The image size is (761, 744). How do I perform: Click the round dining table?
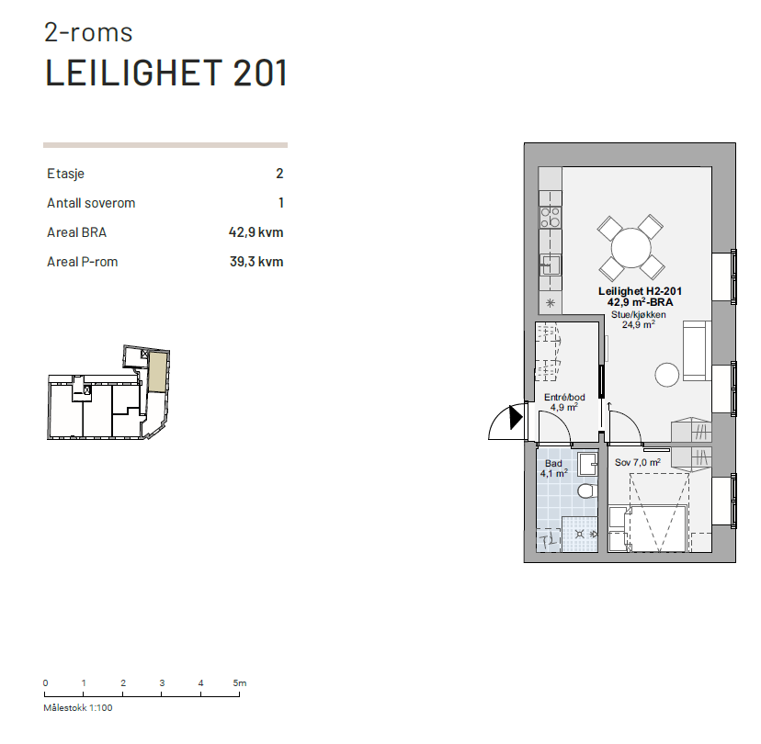[630, 247]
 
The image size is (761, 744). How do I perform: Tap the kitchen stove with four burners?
[551, 217]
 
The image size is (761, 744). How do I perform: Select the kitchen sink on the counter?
[551, 265]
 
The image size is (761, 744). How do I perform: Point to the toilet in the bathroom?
[586, 491]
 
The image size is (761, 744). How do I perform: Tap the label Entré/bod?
[563, 397]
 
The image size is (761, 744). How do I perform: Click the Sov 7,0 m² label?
[637, 462]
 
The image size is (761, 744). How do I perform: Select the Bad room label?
[552, 464]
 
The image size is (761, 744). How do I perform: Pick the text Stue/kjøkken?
[638, 314]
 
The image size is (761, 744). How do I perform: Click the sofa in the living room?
[695, 353]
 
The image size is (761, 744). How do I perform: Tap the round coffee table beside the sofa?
[665, 375]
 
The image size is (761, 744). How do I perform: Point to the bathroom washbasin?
[587, 463]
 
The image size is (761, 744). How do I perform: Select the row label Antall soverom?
[91, 203]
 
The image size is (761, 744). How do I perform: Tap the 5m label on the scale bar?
[239, 683]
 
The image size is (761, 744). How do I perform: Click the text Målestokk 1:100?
[78, 708]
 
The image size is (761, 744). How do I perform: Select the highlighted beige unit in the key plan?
[158, 373]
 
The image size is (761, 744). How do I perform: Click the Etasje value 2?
[279, 174]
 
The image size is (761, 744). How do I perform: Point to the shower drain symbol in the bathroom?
[579, 534]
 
